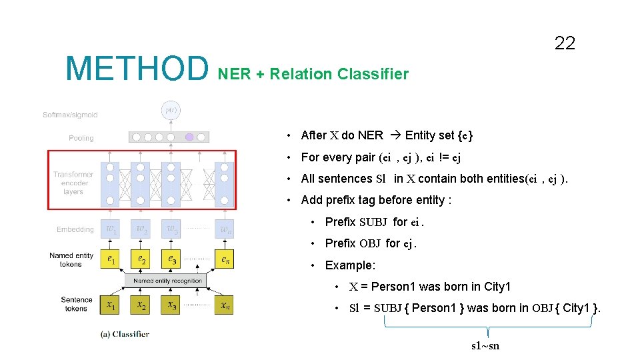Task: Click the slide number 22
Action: [x=564, y=44]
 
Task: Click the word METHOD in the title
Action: [x=137, y=69]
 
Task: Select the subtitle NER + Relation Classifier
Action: [x=313, y=74]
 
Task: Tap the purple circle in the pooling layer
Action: [x=189, y=137]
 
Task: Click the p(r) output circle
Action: [x=171, y=110]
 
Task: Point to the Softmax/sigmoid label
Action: [x=70, y=115]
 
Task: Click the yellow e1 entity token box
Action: [x=110, y=259]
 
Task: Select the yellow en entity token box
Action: [x=225, y=259]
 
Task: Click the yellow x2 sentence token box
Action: [x=141, y=305]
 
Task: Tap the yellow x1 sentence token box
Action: [x=110, y=305]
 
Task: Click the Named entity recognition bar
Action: [x=167, y=281]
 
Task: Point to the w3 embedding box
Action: [x=171, y=229]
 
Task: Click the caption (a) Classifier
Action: [x=124, y=334]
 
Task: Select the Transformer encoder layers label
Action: [x=74, y=183]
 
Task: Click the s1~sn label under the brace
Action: [x=485, y=345]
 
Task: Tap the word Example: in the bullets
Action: [x=350, y=265]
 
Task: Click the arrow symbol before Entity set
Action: [x=394, y=135]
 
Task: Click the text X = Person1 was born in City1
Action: [x=430, y=287]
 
